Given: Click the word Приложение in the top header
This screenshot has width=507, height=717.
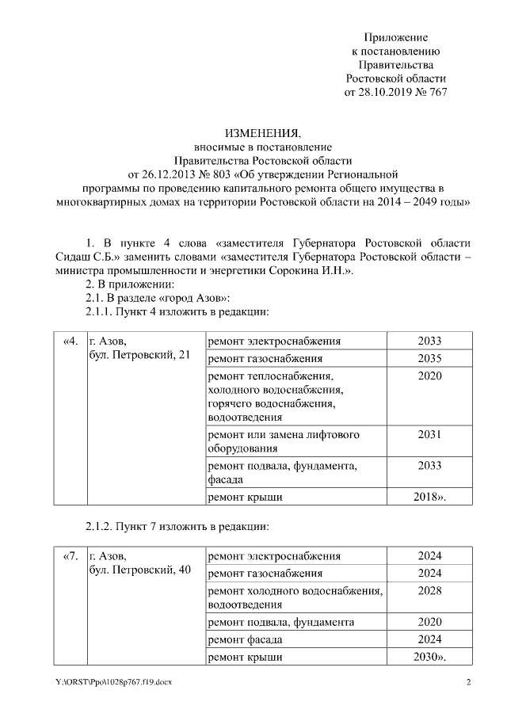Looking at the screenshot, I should (396, 37).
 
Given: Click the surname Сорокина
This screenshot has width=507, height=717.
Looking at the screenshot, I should (311, 271).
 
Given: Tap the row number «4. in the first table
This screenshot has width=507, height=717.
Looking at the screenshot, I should (70, 341).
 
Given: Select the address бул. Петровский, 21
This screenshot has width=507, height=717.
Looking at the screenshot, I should (139, 356).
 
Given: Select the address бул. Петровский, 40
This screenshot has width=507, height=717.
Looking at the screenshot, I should (139, 570).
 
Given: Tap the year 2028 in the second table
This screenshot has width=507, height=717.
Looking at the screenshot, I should (429, 591).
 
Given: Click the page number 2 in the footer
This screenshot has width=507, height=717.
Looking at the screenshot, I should (468, 683).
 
